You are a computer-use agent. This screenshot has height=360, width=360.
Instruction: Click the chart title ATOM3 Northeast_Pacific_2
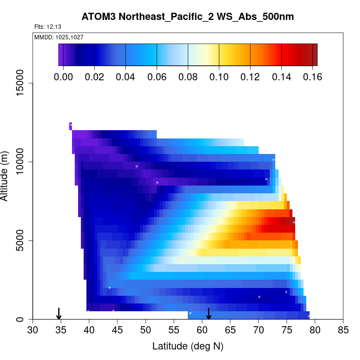(188, 17)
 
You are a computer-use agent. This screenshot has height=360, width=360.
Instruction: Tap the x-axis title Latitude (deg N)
(188, 346)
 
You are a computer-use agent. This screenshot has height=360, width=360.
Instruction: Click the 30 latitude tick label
(33, 331)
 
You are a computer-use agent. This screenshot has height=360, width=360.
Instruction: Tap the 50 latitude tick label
(146, 331)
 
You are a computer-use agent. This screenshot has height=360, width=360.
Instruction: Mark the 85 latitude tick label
(343, 331)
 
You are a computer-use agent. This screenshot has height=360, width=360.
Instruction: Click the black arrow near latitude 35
(59, 314)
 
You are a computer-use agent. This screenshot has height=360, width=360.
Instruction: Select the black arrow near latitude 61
(209, 314)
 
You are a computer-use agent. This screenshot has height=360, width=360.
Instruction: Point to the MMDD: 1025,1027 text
(55, 37)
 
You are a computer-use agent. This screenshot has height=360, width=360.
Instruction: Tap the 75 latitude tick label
(286, 331)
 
